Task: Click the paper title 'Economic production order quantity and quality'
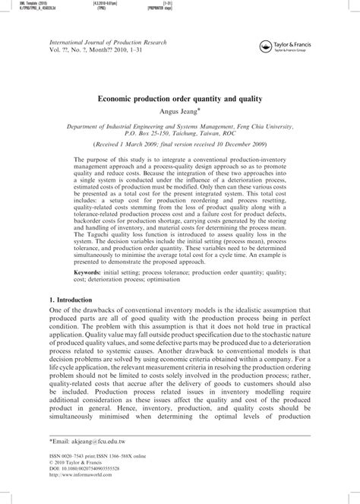point(180,98)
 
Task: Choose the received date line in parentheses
point(180,143)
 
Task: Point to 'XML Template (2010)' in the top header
point(22,4)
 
